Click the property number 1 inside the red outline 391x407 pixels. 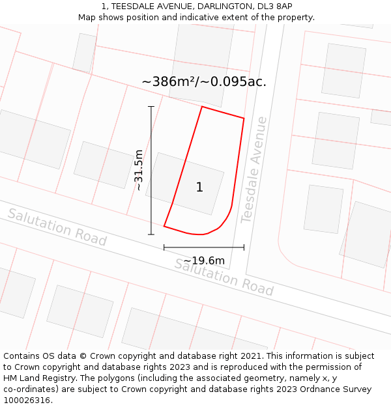click(x=199, y=188)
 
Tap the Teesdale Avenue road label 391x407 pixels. click(x=253, y=170)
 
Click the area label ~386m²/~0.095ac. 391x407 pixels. click(x=204, y=81)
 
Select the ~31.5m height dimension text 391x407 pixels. click(x=138, y=170)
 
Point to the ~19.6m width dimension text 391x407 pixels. click(x=204, y=261)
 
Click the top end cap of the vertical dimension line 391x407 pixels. click(x=151, y=106)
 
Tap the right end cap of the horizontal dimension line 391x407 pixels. click(x=244, y=247)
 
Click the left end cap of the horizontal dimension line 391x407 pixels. click(x=164, y=247)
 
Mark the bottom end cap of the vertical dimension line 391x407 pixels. click(x=151, y=234)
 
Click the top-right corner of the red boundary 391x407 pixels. click(x=244, y=118)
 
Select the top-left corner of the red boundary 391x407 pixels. click(x=202, y=106)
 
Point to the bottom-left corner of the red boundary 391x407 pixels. click(x=164, y=226)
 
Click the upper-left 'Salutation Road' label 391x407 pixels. click(x=57, y=227)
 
